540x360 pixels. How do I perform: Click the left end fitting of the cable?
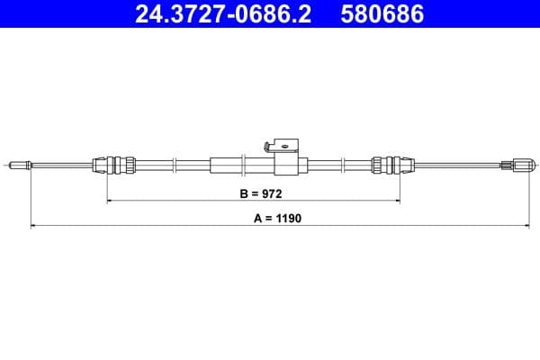tap(20, 165)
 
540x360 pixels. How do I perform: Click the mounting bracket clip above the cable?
tap(284, 144)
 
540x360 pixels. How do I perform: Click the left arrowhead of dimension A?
tap(33, 225)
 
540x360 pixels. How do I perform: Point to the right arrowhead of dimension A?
tap(533, 225)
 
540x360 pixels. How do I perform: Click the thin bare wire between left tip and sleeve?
tap(63, 165)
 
